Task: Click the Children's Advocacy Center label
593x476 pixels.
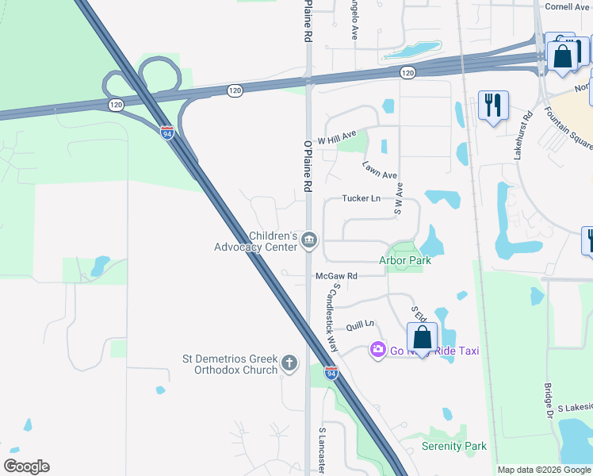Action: tap(255, 241)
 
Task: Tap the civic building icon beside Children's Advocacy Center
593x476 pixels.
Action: tap(309, 240)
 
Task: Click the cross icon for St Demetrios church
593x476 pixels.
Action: tap(290, 364)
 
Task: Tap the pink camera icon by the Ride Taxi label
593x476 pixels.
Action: tap(377, 349)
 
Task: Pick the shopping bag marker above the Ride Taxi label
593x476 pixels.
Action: tap(423, 337)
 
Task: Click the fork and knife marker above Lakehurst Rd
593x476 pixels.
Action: tap(493, 105)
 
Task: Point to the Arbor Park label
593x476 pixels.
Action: tap(404, 260)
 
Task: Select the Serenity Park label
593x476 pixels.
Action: tap(454, 446)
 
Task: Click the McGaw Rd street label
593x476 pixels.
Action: tap(337, 276)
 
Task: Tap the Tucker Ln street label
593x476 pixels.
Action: tap(361, 198)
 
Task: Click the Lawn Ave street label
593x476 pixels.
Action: tap(380, 170)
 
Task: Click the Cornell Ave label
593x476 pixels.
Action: tap(568, 6)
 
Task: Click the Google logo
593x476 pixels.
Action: tap(27, 466)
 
